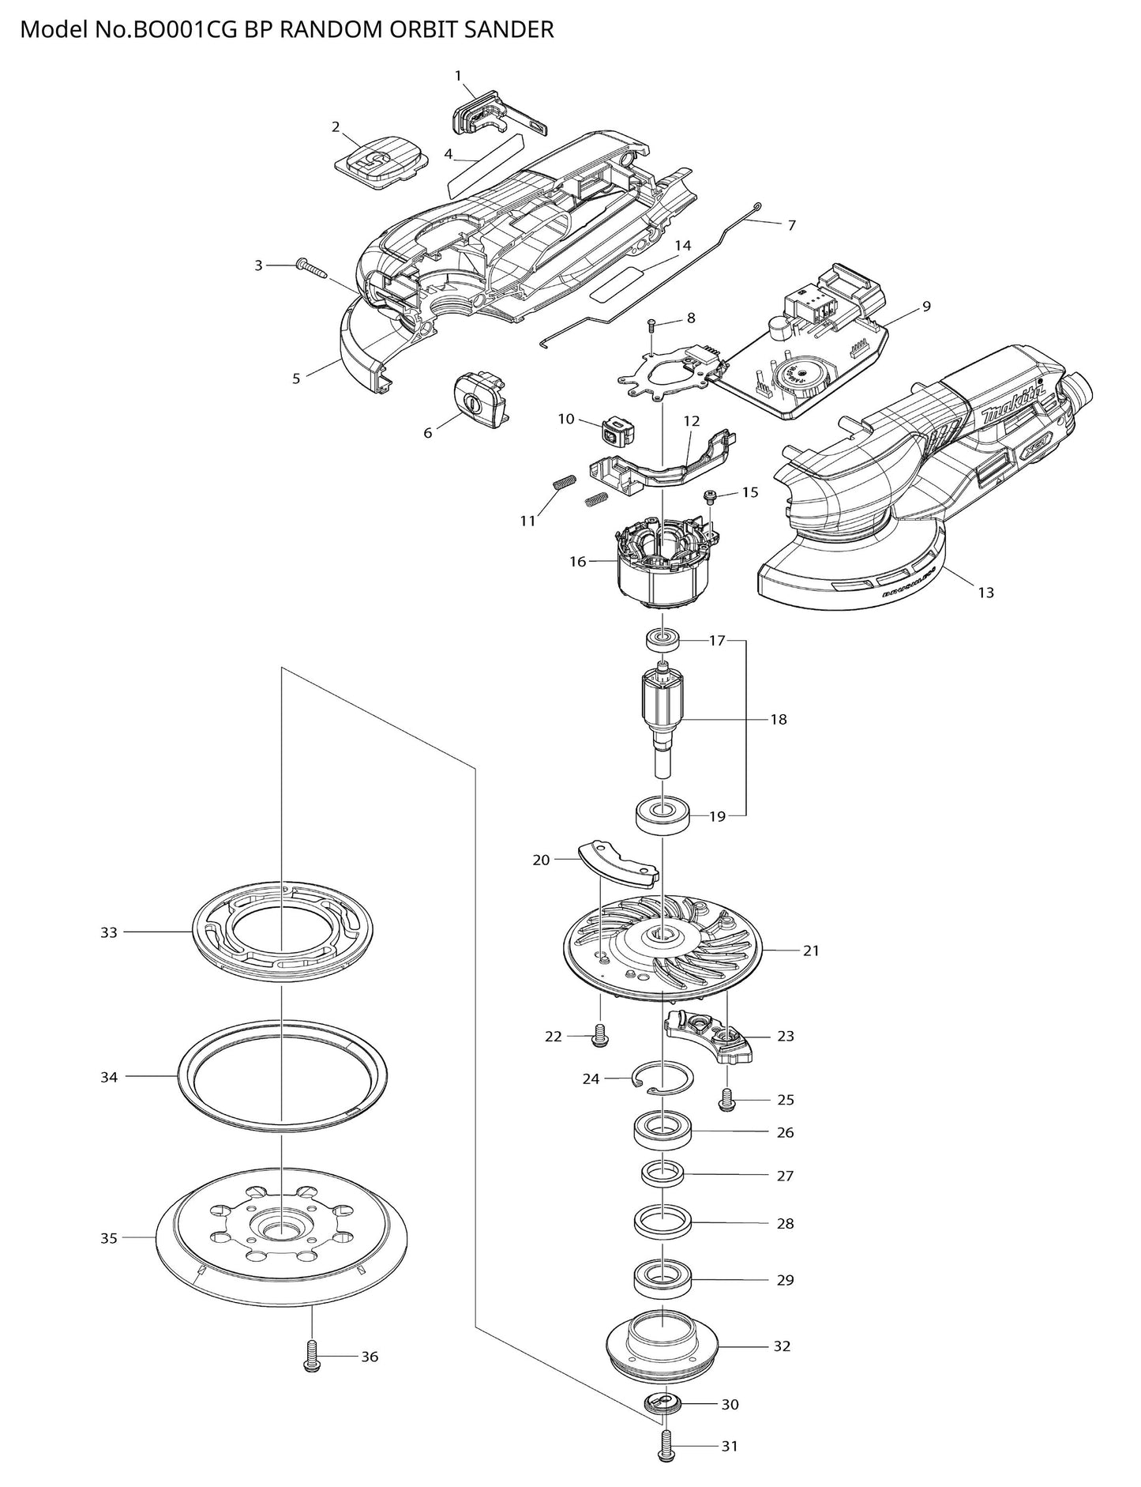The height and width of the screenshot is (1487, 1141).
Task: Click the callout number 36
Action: pos(370,1357)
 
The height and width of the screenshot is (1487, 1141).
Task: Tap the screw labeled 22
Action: pos(599,1037)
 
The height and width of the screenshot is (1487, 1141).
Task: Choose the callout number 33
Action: pos(109,932)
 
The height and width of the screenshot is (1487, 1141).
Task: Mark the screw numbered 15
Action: pos(709,496)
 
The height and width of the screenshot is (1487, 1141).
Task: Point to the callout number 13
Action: pos(985,592)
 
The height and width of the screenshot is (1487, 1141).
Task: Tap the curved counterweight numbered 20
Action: pos(617,864)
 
